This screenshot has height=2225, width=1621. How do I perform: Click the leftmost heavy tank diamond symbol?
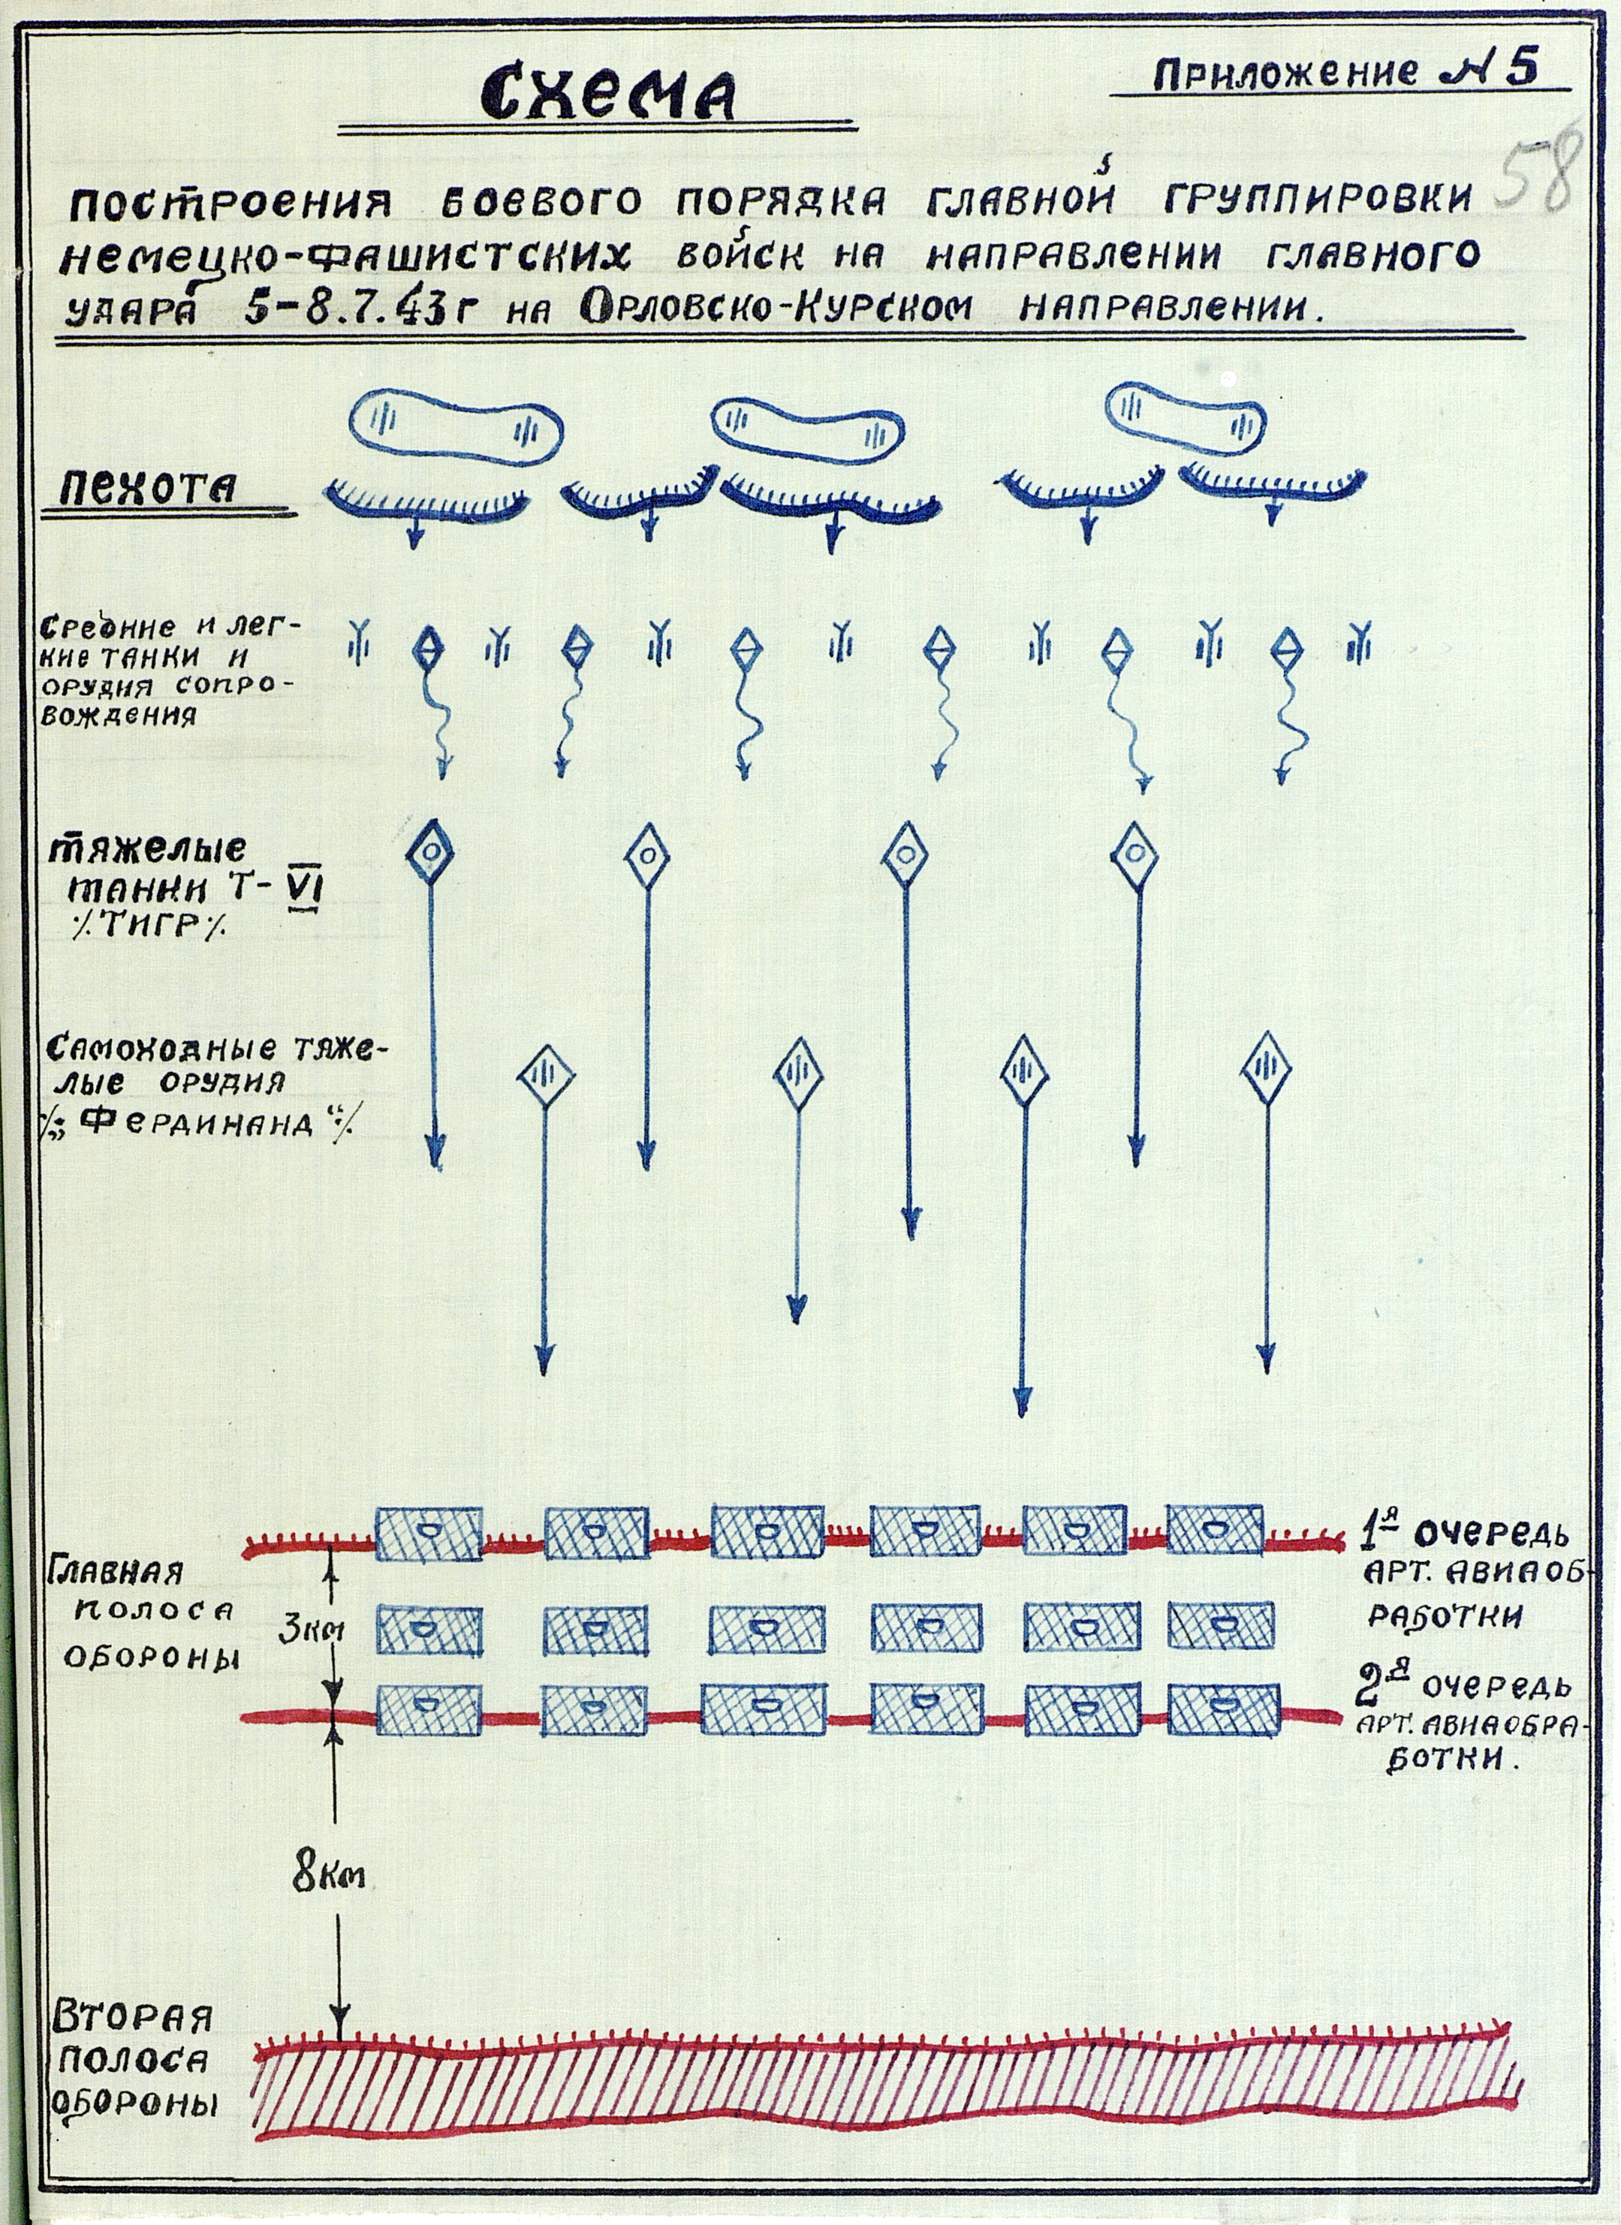click(x=429, y=851)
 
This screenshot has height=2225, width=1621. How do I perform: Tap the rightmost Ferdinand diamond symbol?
click(x=1266, y=1067)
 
